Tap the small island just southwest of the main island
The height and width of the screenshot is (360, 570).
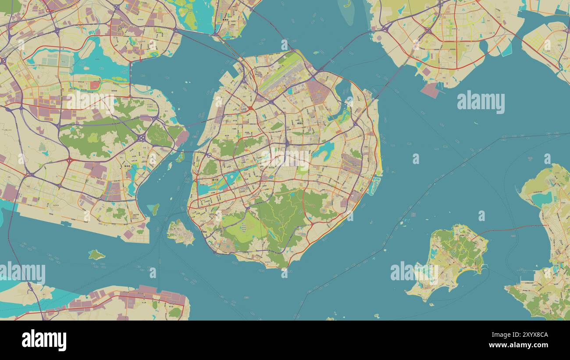click(181, 232)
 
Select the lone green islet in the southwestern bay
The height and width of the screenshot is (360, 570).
click(96, 254)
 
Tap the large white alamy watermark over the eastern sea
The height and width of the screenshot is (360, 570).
click(481, 102)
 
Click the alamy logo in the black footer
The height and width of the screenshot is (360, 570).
click(44, 340)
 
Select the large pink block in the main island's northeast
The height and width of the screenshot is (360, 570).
click(319, 90)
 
